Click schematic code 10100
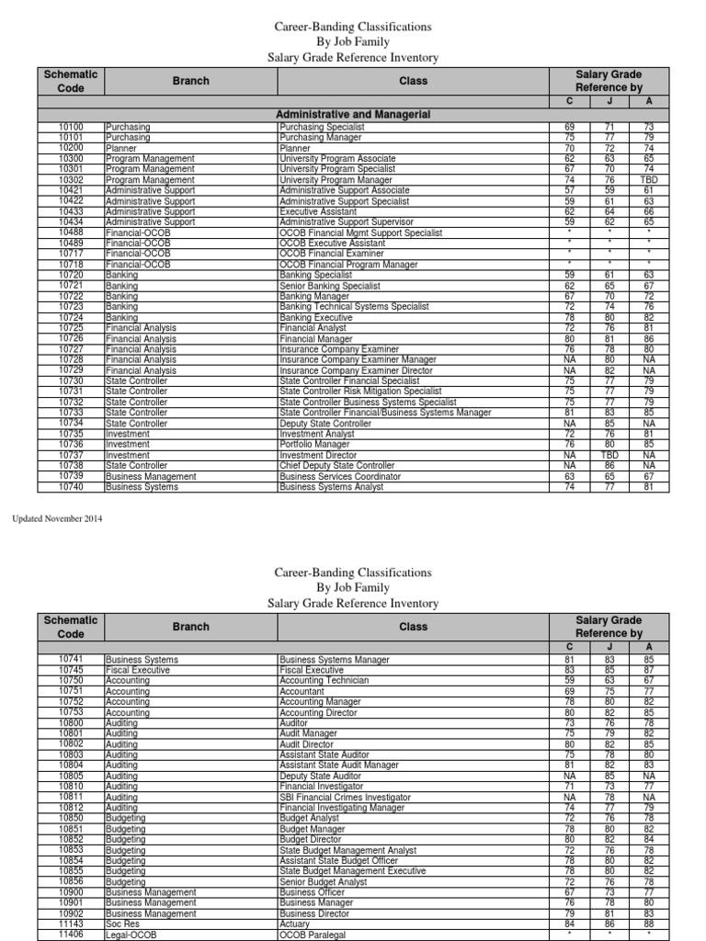pyautogui.click(x=71, y=127)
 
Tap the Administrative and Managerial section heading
pyautogui.click(x=353, y=114)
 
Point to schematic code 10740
pyautogui.click(x=71, y=487)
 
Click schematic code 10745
pyautogui.click(x=71, y=671)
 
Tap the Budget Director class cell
pyautogui.click(x=311, y=840)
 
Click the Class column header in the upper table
pyautogui.click(x=413, y=81)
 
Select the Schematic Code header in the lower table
pyautogui.click(x=71, y=627)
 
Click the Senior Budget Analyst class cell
pyautogui.click(x=323, y=882)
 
